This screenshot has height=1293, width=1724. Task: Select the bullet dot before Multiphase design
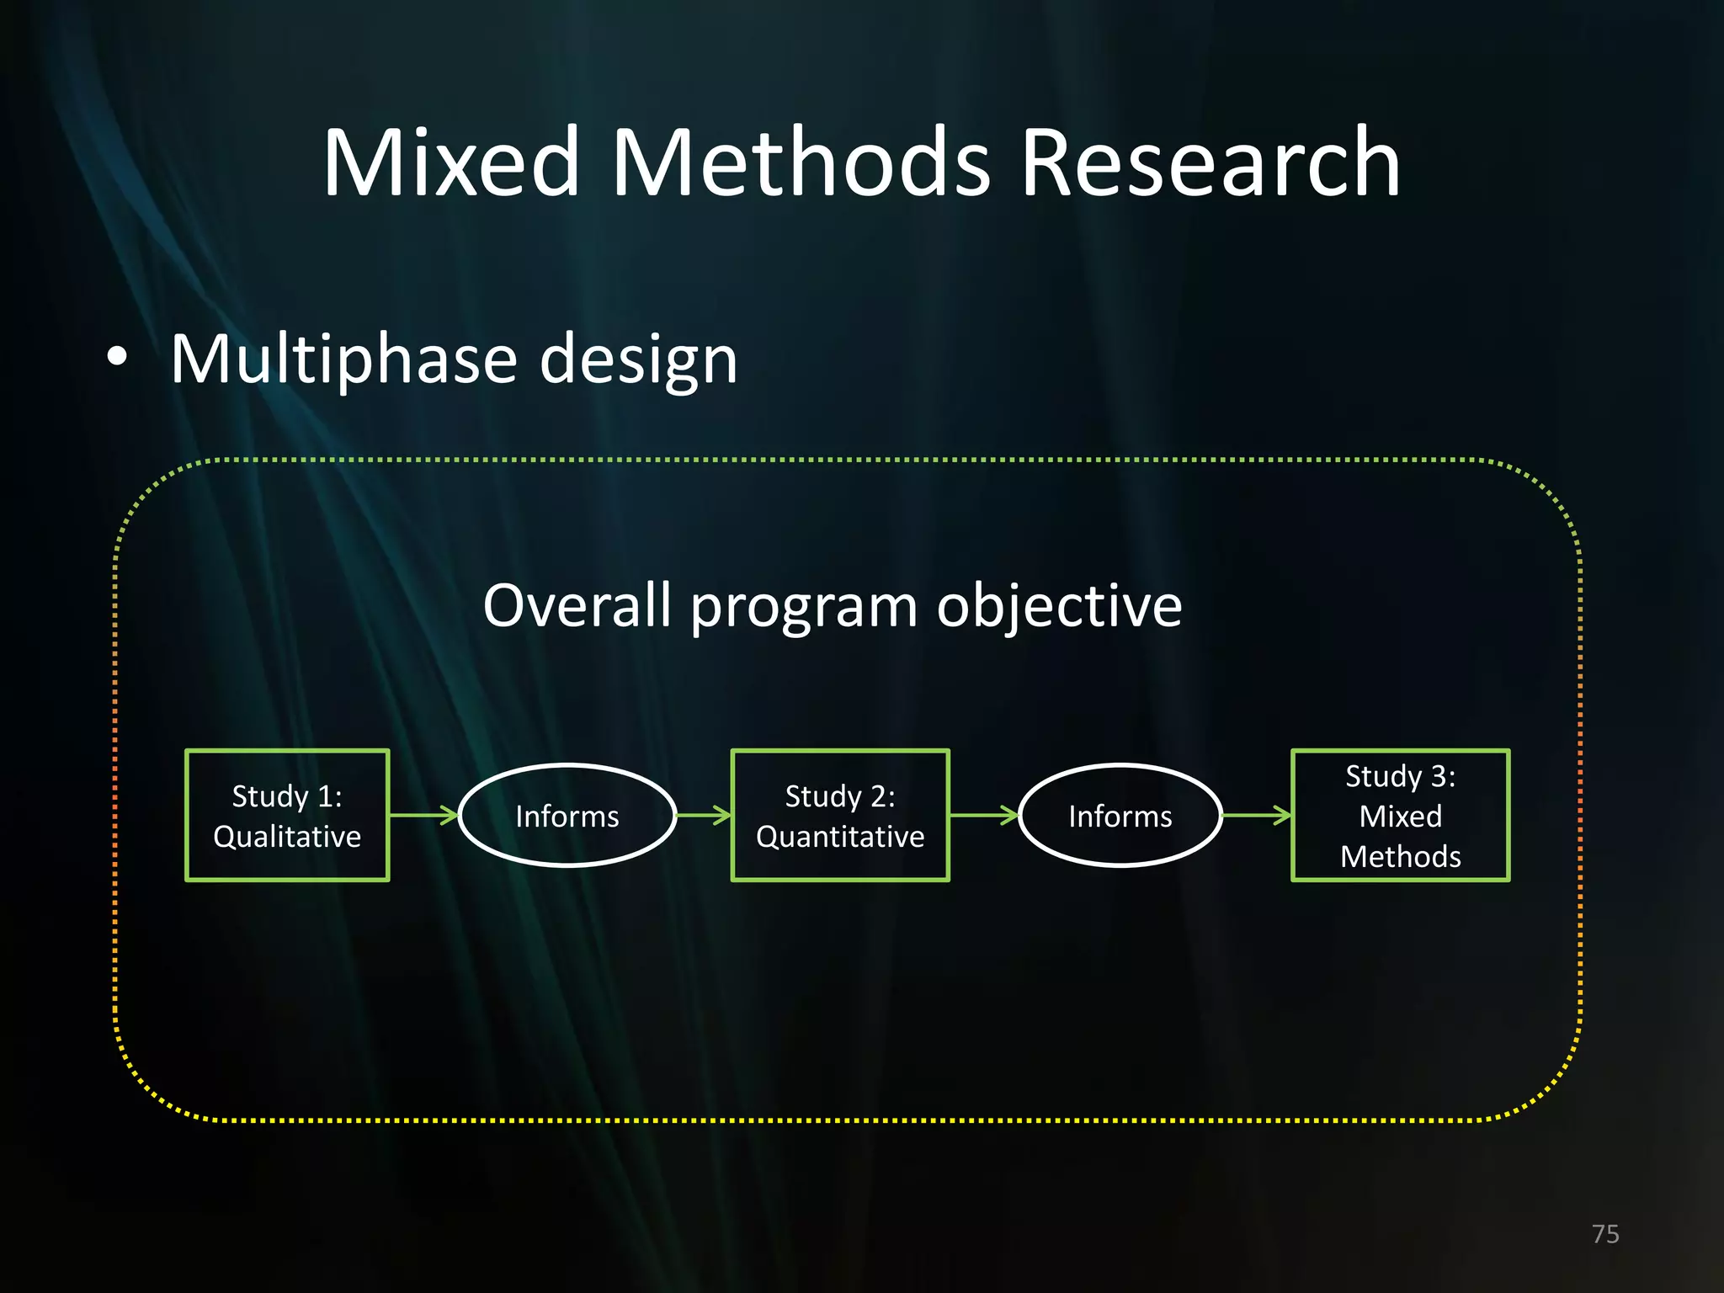(117, 357)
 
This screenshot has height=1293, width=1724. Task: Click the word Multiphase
(343, 360)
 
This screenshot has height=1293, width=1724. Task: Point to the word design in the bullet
(638, 360)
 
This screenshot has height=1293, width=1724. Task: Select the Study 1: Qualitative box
(287, 815)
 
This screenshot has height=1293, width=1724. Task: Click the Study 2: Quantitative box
(840, 815)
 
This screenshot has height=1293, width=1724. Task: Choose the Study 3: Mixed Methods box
(1400, 815)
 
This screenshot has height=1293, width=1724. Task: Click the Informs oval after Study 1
(567, 815)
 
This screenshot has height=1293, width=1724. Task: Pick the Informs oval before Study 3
(1120, 815)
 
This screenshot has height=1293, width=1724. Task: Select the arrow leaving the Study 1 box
(423, 815)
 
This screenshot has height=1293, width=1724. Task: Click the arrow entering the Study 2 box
(704, 815)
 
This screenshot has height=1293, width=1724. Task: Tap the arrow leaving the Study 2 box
(983, 815)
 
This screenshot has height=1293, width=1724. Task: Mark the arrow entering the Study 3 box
(1256, 815)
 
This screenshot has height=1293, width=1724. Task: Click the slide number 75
(1605, 1234)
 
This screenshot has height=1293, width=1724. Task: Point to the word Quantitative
(840, 837)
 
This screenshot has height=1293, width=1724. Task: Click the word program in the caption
(804, 607)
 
